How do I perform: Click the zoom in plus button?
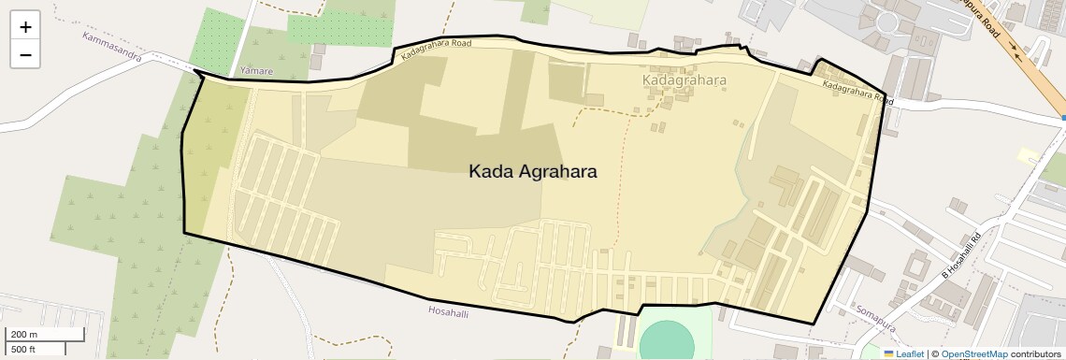click(25, 26)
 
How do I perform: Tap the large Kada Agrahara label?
click(532, 172)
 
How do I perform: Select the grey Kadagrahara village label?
click(684, 80)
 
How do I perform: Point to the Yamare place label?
click(256, 71)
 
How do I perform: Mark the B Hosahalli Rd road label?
click(958, 255)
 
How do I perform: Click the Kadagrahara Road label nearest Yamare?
click(435, 50)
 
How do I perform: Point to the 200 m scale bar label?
click(24, 335)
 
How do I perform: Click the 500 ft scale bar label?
click(23, 350)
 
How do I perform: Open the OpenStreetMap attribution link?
click(973, 353)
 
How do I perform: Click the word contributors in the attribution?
click(1036, 353)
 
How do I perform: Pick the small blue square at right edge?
click(1063, 119)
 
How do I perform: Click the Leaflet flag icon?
click(888, 353)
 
